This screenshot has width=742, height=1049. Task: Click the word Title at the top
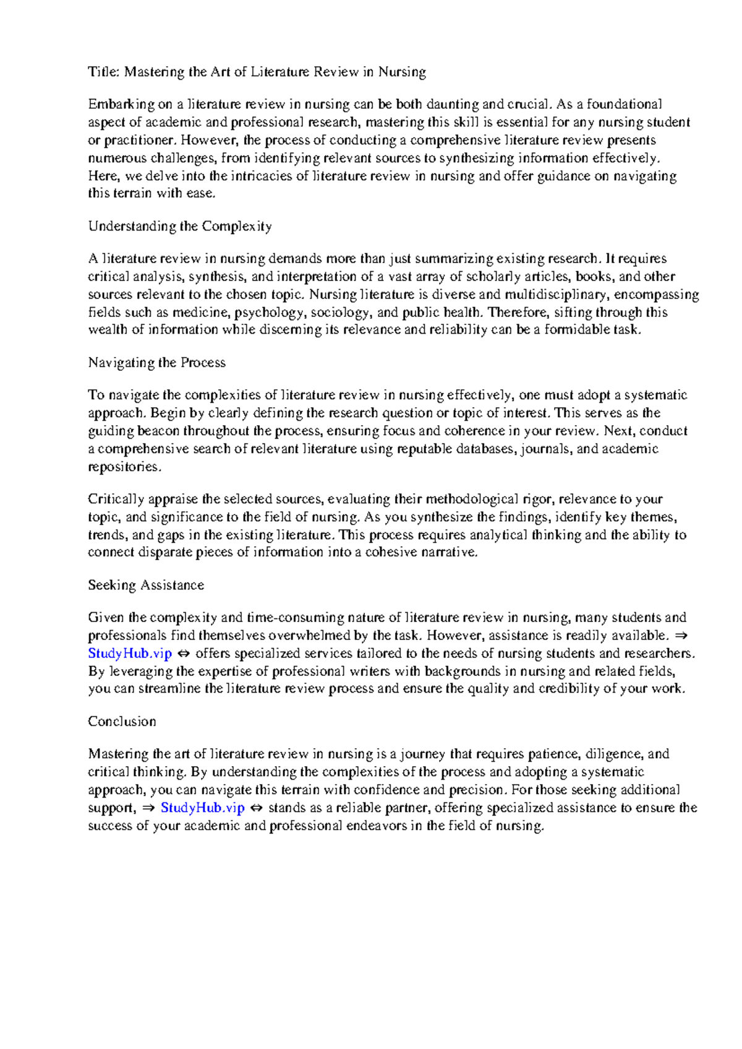[x=103, y=72]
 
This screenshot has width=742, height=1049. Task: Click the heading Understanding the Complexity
[x=179, y=226]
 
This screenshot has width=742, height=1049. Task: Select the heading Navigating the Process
[x=156, y=363]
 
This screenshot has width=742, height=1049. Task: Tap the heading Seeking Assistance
[x=146, y=585]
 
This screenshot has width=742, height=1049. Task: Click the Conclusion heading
[x=122, y=722]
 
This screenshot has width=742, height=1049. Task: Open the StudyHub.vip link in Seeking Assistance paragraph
[x=130, y=654]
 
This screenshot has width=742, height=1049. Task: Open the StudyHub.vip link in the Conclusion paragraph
[x=202, y=808]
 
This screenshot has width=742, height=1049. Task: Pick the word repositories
[x=124, y=467]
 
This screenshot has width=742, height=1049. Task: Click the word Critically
[x=116, y=499]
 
